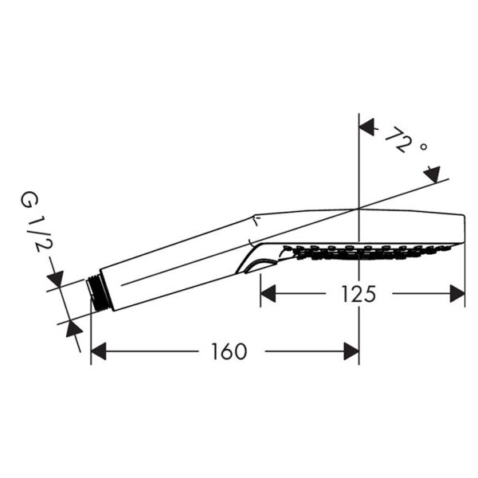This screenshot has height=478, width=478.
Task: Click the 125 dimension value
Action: point(358,294)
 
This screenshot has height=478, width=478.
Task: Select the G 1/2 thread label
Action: point(31,225)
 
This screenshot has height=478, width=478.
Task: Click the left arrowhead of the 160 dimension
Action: point(99,351)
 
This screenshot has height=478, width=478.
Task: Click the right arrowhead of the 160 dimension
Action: point(351,351)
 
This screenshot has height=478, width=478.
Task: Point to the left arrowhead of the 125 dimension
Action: point(268,294)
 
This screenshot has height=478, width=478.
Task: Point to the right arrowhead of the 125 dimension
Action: point(457,294)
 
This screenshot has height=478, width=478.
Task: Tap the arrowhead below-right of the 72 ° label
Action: point(432,173)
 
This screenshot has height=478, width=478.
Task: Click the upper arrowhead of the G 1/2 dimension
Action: point(56,279)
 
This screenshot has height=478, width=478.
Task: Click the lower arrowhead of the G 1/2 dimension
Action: point(72,327)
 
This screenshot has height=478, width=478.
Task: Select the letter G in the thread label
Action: point(31,198)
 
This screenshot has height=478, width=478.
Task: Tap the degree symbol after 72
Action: point(424,149)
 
